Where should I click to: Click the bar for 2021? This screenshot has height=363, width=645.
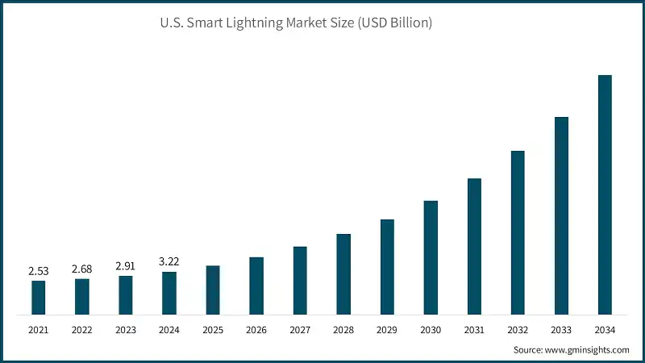pos(38,298)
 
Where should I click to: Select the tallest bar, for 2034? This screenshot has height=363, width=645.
pos(605,194)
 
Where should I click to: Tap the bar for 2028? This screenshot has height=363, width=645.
pos(343,274)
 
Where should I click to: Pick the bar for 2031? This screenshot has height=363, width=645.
pos(474,246)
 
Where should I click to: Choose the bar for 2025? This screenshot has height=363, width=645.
pos(213,290)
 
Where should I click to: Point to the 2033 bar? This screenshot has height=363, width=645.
pos(561,215)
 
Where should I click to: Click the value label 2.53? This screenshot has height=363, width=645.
pos(38,271)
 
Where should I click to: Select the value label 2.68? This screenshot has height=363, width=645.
pos(81,269)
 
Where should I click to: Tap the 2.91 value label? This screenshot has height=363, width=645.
pos(125,265)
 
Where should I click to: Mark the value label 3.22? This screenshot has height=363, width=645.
pos(169,261)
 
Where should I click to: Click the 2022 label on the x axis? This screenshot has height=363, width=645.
pos(81,329)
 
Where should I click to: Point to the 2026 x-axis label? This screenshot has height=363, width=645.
pos(256,329)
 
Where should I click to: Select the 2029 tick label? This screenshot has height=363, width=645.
pos(387,329)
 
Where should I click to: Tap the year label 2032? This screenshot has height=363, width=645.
pos(518,329)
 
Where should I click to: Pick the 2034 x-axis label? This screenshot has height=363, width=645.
pos(605,329)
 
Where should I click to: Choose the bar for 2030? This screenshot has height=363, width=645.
pos(431,257)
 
